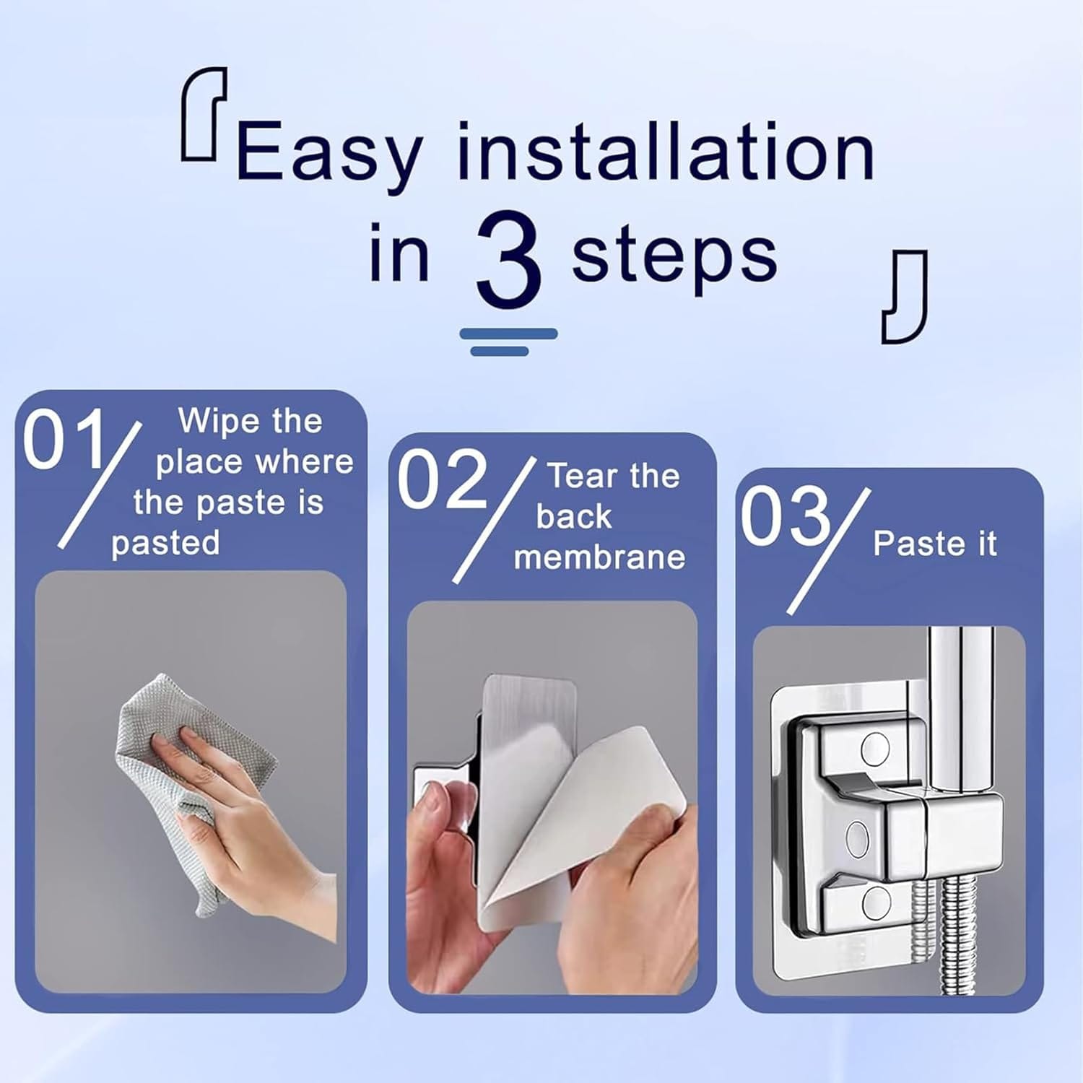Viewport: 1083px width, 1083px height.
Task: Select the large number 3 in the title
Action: click(x=508, y=259)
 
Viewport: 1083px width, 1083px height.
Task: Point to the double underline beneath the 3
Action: click(x=508, y=342)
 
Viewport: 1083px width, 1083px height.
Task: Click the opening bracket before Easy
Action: click(x=203, y=113)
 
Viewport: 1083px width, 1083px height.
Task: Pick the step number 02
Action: click(x=442, y=479)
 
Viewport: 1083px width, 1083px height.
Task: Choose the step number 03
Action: click(x=785, y=516)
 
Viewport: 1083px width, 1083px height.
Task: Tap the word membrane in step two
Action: click(x=599, y=557)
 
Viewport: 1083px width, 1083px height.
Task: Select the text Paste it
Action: click(x=935, y=544)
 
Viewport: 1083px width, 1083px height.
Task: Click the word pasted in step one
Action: click(x=165, y=543)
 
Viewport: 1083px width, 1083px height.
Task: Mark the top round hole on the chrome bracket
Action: click(x=875, y=749)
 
